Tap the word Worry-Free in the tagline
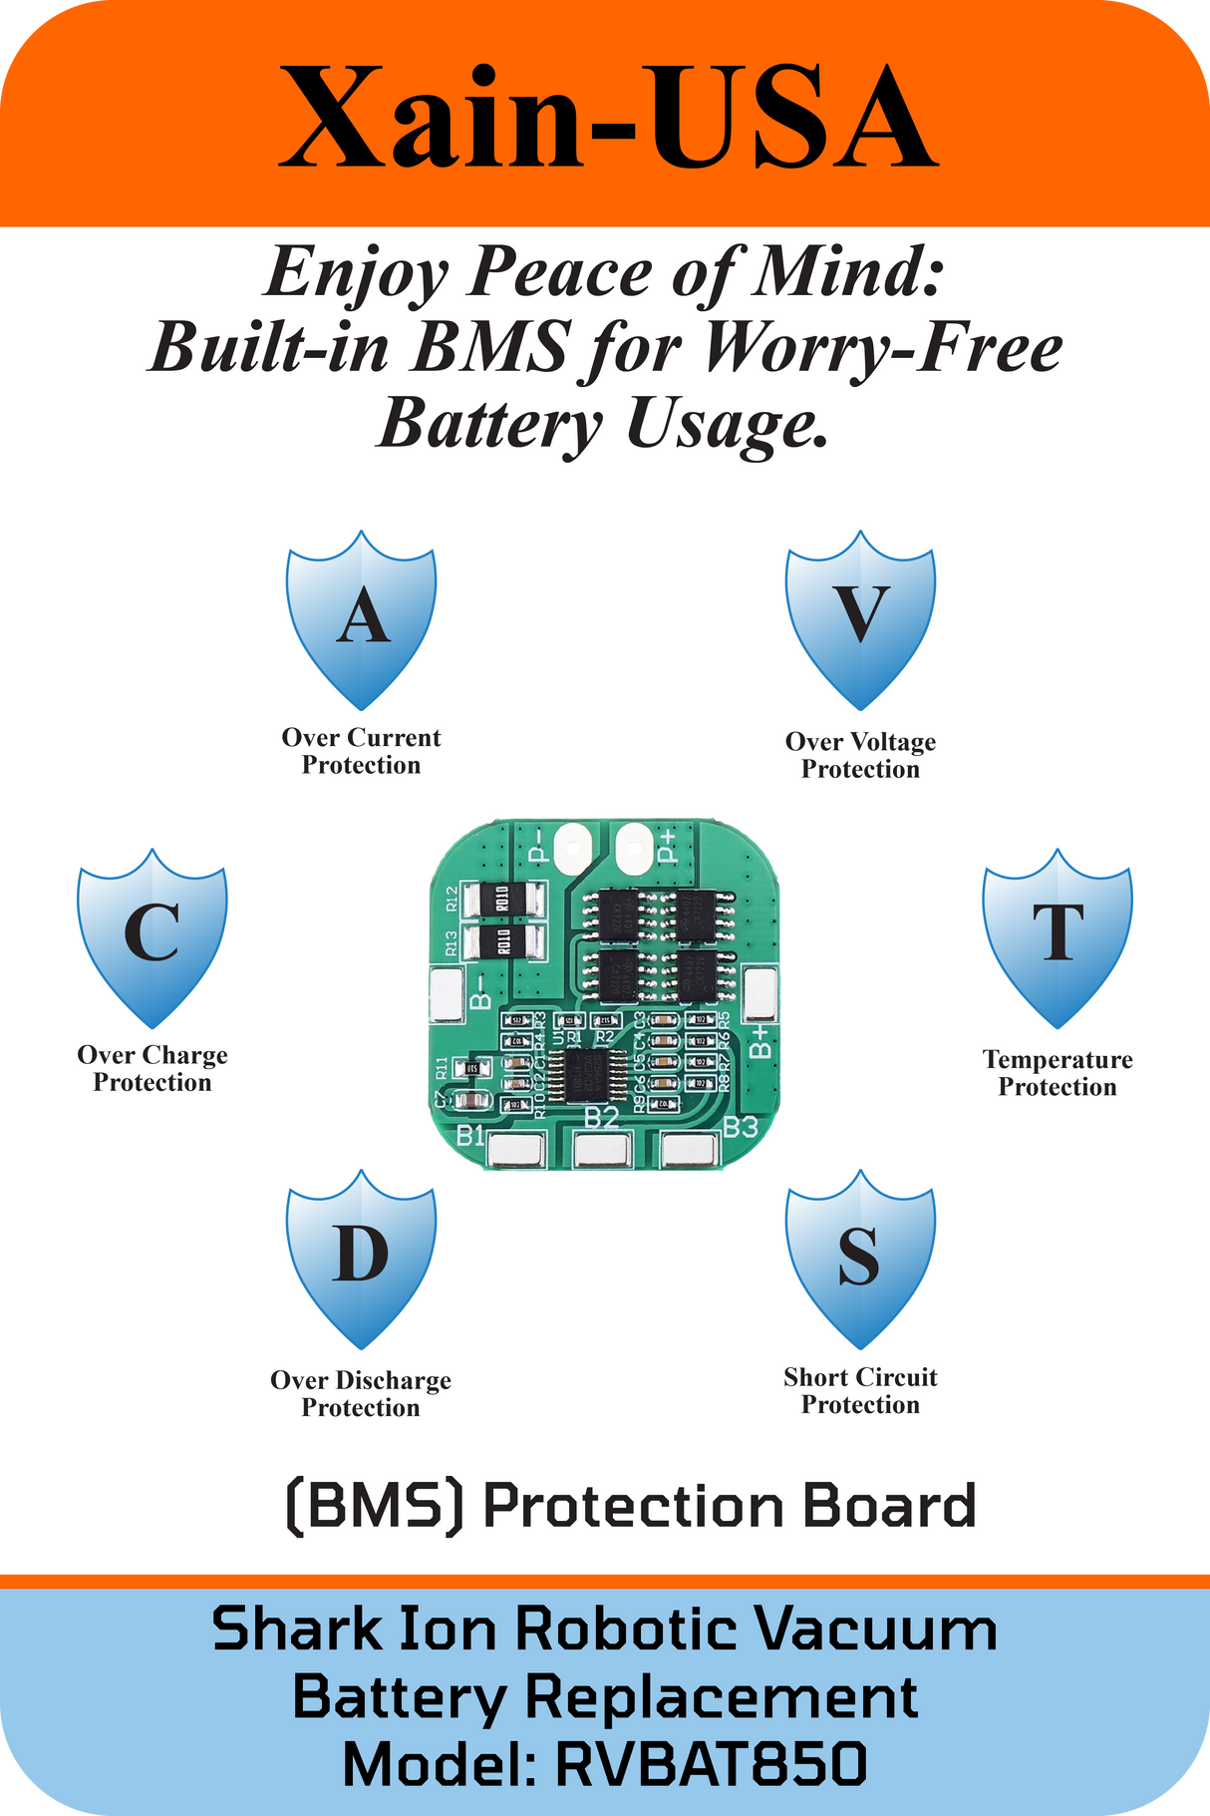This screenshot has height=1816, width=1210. coord(882,348)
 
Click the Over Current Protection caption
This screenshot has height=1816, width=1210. coord(361,751)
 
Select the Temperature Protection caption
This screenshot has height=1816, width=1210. coord(1058,1073)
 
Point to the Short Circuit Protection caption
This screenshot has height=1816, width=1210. coord(860,1390)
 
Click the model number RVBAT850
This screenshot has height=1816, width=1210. coord(711,1764)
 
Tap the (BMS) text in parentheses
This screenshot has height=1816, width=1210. coord(375,1506)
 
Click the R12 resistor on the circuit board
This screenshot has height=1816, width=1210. coord(502,900)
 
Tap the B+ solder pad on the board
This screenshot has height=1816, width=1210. coord(760,994)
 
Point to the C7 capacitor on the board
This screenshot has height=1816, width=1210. coord(470,1101)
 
